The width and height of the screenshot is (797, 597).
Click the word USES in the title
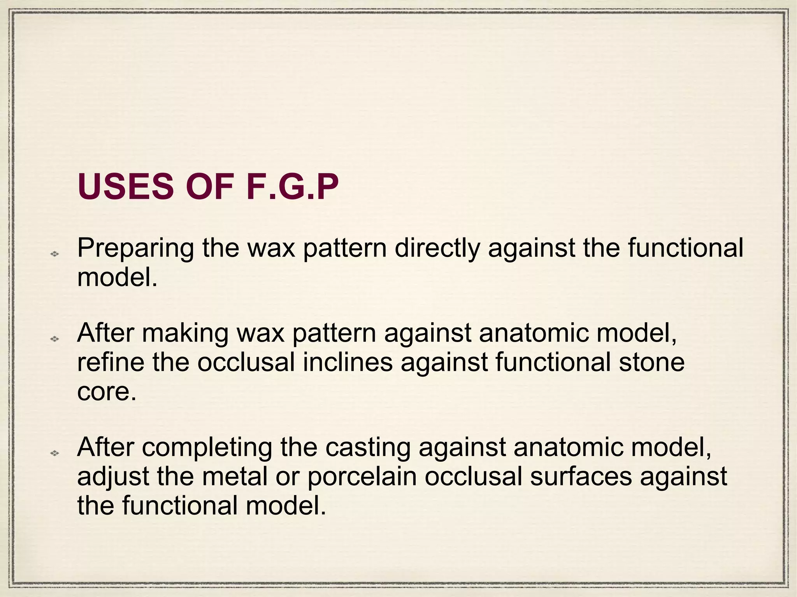coord(125,187)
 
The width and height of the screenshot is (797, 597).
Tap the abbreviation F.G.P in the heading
coord(292,187)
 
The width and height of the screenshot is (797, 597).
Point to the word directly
coord(437,249)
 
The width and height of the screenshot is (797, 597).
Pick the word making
coord(185,333)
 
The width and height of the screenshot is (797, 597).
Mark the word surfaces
coord(581,477)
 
